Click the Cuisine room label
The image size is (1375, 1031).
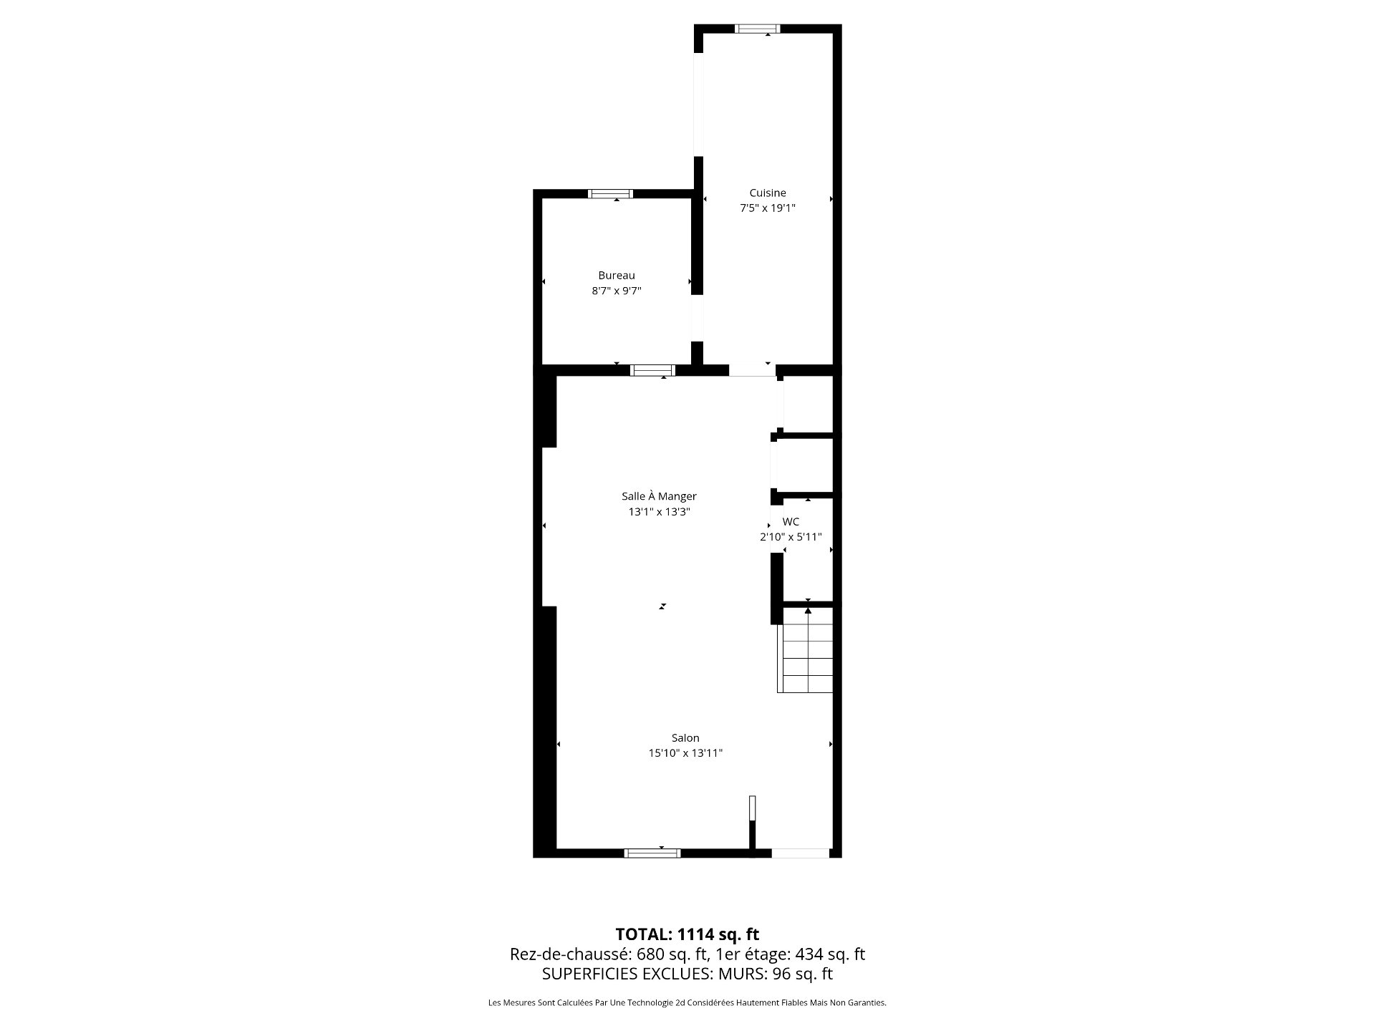click(x=768, y=193)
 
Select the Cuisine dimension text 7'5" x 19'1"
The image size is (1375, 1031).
click(x=768, y=208)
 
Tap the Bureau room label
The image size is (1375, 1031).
click(x=617, y=275)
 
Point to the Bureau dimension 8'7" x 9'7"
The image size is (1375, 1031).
click(x=617, y=291)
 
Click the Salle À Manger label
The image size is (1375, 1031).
click(x=659, y=495)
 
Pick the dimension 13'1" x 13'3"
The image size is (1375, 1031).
click(x=659, y=512)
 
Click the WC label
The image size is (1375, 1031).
click(x=791, y=522)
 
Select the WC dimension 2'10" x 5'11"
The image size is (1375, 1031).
click(x=791, y=537)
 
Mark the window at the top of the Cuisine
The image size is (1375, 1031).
click(x=758, y=29)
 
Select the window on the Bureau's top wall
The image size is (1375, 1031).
click(x=610, y=193)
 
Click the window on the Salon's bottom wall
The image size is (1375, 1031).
click(x=652, y=853)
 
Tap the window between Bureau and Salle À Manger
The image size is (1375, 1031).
click(x=652, y=370)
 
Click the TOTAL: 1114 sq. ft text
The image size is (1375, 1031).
click(x=687, y=934)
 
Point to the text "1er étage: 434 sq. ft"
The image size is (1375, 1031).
click(x=790, y=954)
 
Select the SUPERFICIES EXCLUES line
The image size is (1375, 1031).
click(x=687, y=974)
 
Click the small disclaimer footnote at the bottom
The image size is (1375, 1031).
click(x=687, y=1003)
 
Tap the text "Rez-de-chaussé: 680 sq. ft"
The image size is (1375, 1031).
click(x=609, y=954)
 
